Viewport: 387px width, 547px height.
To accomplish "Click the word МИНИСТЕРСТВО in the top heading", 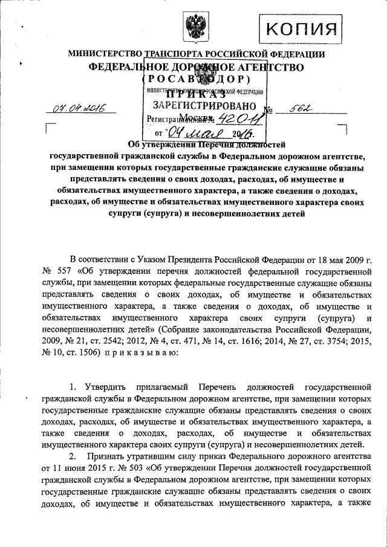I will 103,54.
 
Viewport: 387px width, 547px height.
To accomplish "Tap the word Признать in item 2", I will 108,455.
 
